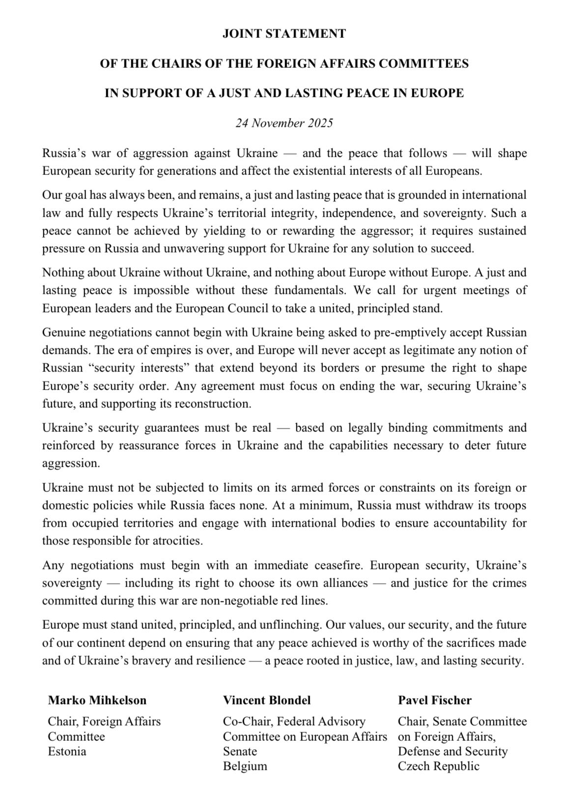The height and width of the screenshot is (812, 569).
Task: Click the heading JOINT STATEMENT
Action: point(284,34)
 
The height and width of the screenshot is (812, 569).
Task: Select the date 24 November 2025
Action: point(284,123)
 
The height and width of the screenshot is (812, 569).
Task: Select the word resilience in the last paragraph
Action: point(217,661)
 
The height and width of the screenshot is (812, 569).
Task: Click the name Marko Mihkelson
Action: point(97,700)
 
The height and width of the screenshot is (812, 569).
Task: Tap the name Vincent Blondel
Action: point(267,700)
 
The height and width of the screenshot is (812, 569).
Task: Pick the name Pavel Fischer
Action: point(435,700)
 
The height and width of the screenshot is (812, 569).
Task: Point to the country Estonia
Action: point(67,751)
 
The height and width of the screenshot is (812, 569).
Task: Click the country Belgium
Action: point(245,766)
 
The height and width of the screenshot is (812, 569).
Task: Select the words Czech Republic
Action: point(439,766)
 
